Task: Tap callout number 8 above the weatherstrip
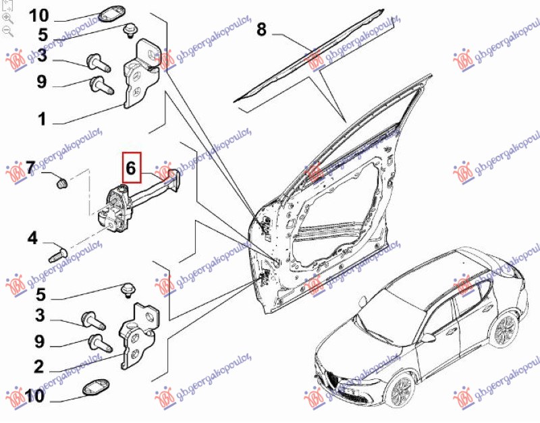pyautogui.click(x=262, y=29)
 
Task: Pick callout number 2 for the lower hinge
pyautogui.click(x=38, y=367)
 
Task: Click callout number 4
pyautogui.click(x=32, y=238)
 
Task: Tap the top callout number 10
pyautogui.click(x=38, y=15)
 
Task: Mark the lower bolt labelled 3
pyautogui.click(x=93, y=319)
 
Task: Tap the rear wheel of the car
pyautogui.click(x=503, y=330)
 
